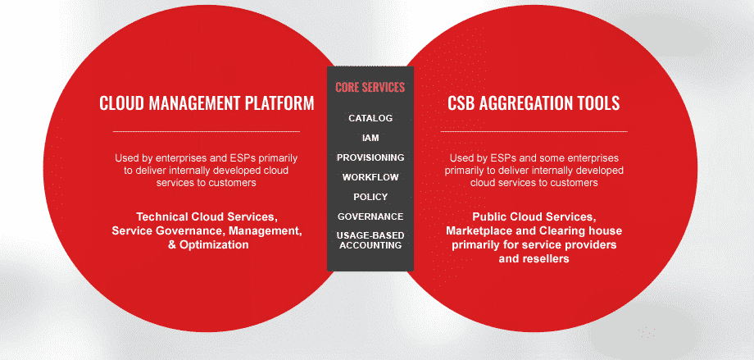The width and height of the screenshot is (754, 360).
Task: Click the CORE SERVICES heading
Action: click(370, 87)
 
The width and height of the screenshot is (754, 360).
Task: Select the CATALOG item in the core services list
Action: click(370, 118)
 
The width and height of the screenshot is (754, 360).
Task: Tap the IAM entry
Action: click(370, 138)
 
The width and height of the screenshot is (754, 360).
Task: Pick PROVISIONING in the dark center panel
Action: click(370, 157)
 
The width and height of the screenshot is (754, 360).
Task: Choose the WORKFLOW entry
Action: click(370, 177)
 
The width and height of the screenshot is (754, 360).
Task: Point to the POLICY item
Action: click(370, 197)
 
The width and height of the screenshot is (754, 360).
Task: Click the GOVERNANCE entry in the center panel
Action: click(370, 216)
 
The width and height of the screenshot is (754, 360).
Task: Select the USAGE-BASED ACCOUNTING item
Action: click(370, 240)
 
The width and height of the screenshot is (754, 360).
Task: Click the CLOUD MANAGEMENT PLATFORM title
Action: click(207, 103)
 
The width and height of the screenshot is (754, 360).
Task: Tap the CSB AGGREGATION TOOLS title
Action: click(534, 103)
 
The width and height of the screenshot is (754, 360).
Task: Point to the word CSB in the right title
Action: click(461, 103)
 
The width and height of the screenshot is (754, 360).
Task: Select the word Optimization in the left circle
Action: click(214, 244)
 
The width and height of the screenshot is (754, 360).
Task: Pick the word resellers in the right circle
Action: click(545, 258)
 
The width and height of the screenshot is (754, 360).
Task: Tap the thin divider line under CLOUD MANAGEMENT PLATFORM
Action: click(207, 131)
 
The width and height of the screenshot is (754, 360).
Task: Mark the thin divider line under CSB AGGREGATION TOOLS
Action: click(534, 131)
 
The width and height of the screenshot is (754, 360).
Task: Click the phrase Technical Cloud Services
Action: click(207, 216)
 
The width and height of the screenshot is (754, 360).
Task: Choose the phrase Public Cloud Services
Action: click(534, 216)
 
